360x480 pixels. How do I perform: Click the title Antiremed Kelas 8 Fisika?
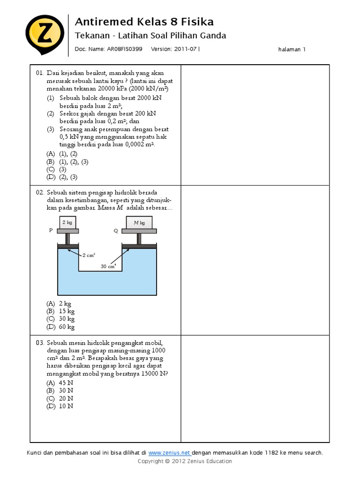pos(144,22)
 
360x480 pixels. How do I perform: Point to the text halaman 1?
pos(292,49)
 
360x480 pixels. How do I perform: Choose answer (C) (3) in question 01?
pos(56,169)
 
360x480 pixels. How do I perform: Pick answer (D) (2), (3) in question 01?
pos(61,177)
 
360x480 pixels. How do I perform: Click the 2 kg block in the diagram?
pos(68,223)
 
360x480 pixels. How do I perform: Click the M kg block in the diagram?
pos(139,223)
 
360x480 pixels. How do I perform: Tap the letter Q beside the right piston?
pos(116,231)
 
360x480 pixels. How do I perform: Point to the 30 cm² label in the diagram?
pos(108,266)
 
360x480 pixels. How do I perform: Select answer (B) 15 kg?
pos(60,311)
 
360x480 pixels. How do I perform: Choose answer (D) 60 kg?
pos(60,327)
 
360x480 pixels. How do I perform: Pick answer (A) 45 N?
pos(60,382)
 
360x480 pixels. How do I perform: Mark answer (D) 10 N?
pos(60,406)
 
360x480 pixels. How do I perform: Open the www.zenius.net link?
pos(169,453)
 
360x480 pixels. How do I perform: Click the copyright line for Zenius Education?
pos(185,461)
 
